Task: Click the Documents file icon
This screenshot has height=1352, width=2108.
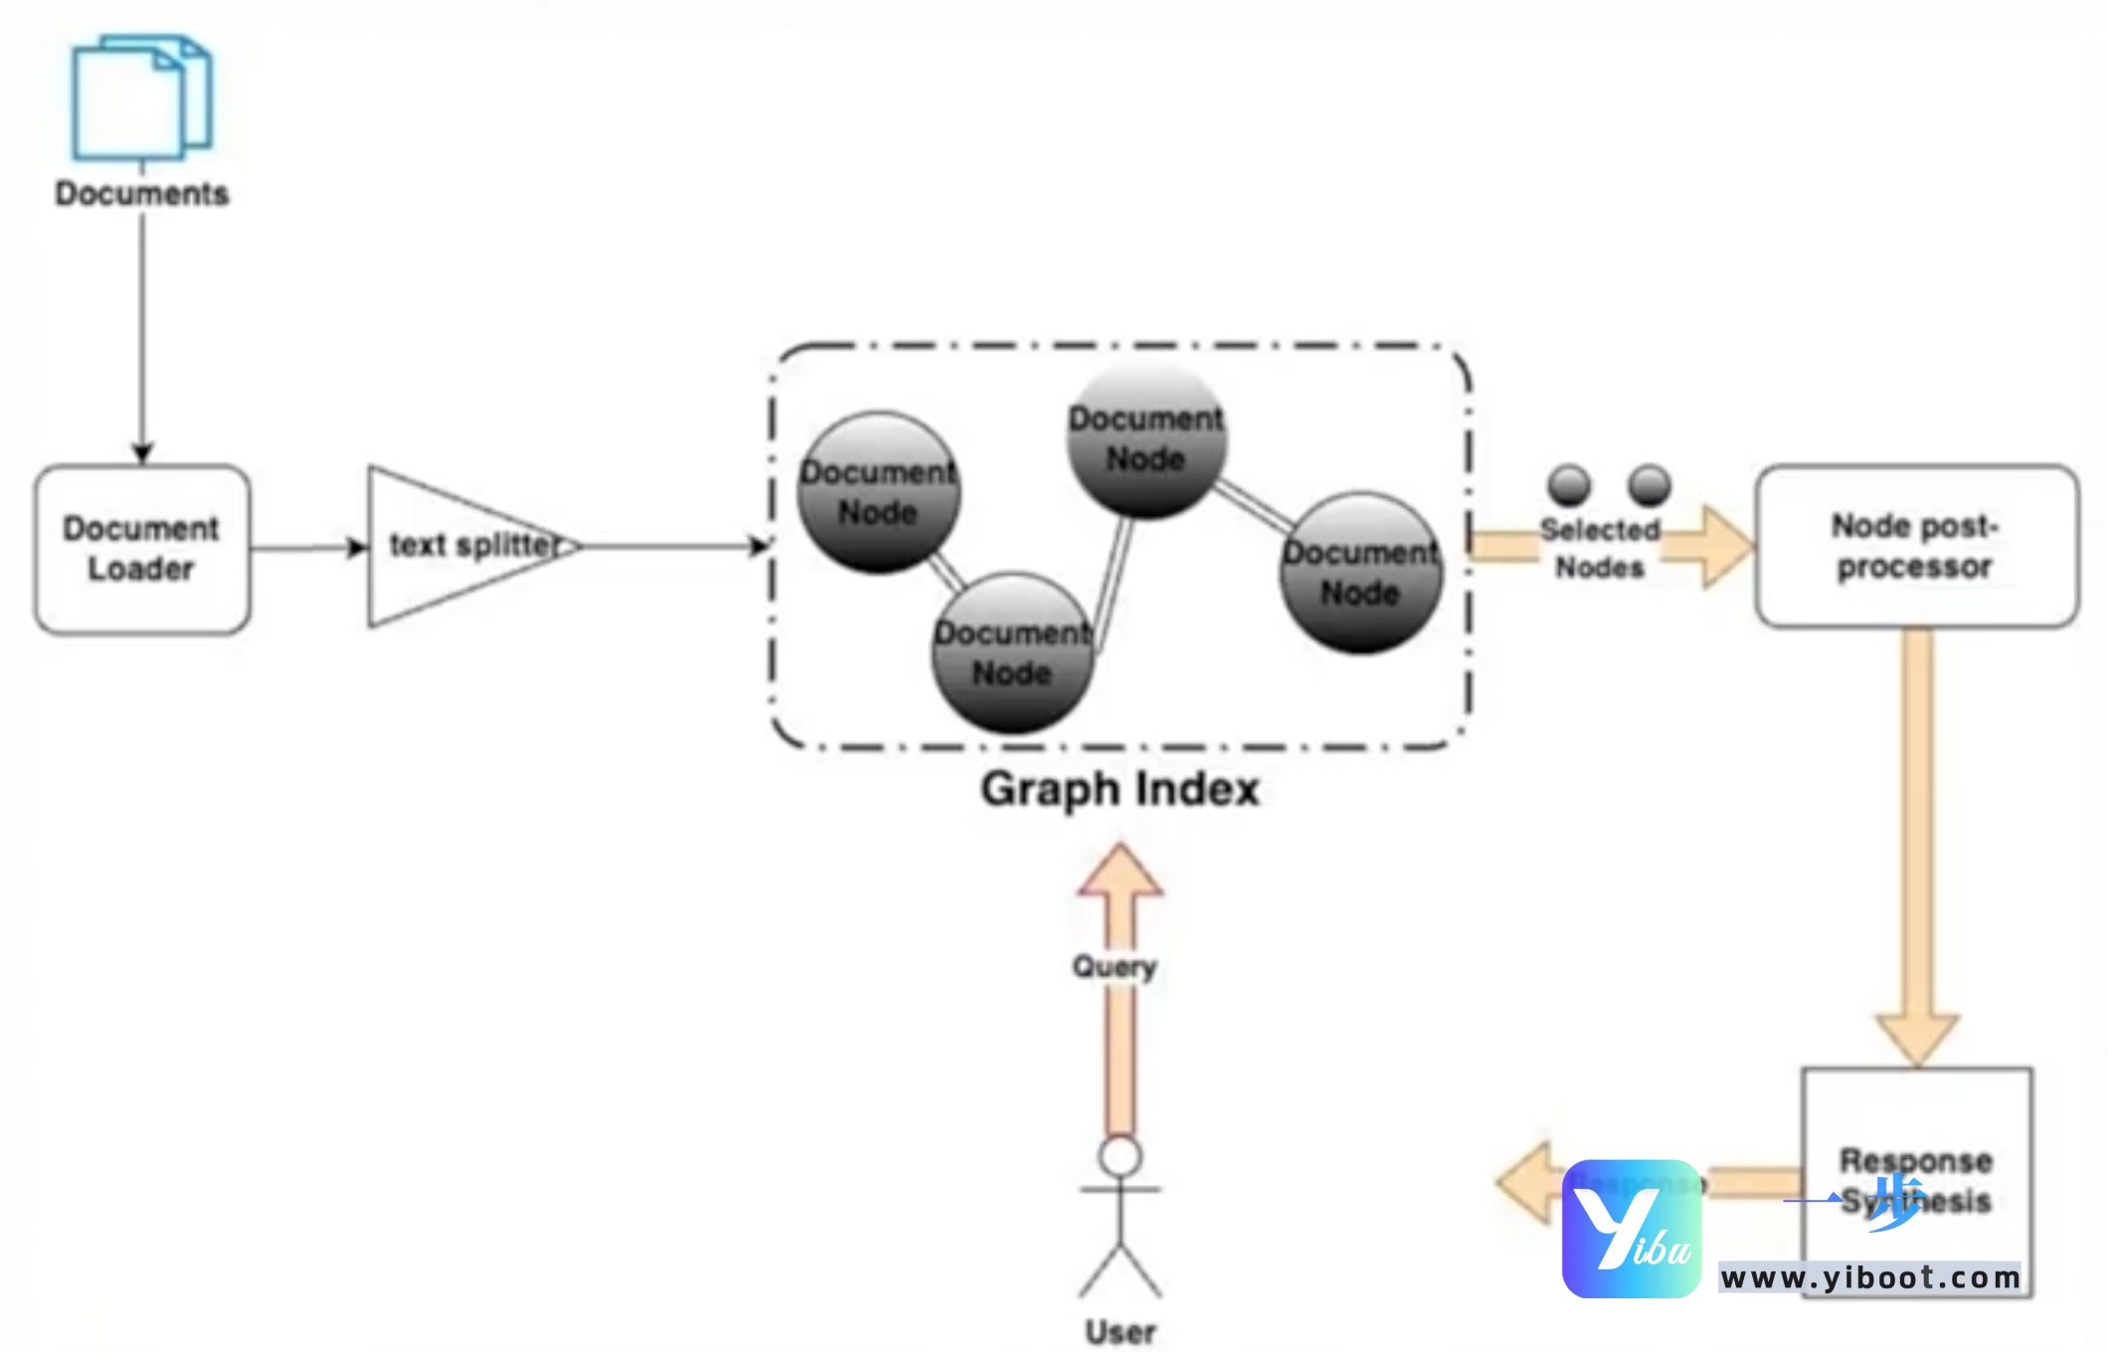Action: point(141,97)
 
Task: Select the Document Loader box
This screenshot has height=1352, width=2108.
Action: point(141,548)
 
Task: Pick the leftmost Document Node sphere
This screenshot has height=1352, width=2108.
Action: point(878,492)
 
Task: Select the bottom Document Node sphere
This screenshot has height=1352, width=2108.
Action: point(1012,652)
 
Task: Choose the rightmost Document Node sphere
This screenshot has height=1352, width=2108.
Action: point(1360,573)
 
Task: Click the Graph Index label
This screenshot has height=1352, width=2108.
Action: point(1120,789)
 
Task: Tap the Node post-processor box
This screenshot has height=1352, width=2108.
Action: point(1915,546)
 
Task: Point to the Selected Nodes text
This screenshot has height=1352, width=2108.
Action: point(1600,548)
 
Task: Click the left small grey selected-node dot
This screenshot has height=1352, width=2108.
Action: point(1569,485)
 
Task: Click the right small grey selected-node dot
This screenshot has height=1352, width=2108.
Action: point(1650,485)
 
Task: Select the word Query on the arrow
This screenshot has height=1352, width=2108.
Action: point(1114,966)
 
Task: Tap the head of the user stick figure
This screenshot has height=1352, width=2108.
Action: point(1121,1156)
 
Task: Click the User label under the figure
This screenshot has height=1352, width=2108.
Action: point(1121,1331)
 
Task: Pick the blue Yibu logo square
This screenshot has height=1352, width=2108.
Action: point(1631,1229)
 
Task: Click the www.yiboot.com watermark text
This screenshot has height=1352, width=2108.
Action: point(1869,1277)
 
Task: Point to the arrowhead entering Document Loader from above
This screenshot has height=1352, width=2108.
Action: point(142,453)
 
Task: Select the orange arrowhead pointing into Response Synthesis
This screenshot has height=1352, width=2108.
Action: point(1917,1039)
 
